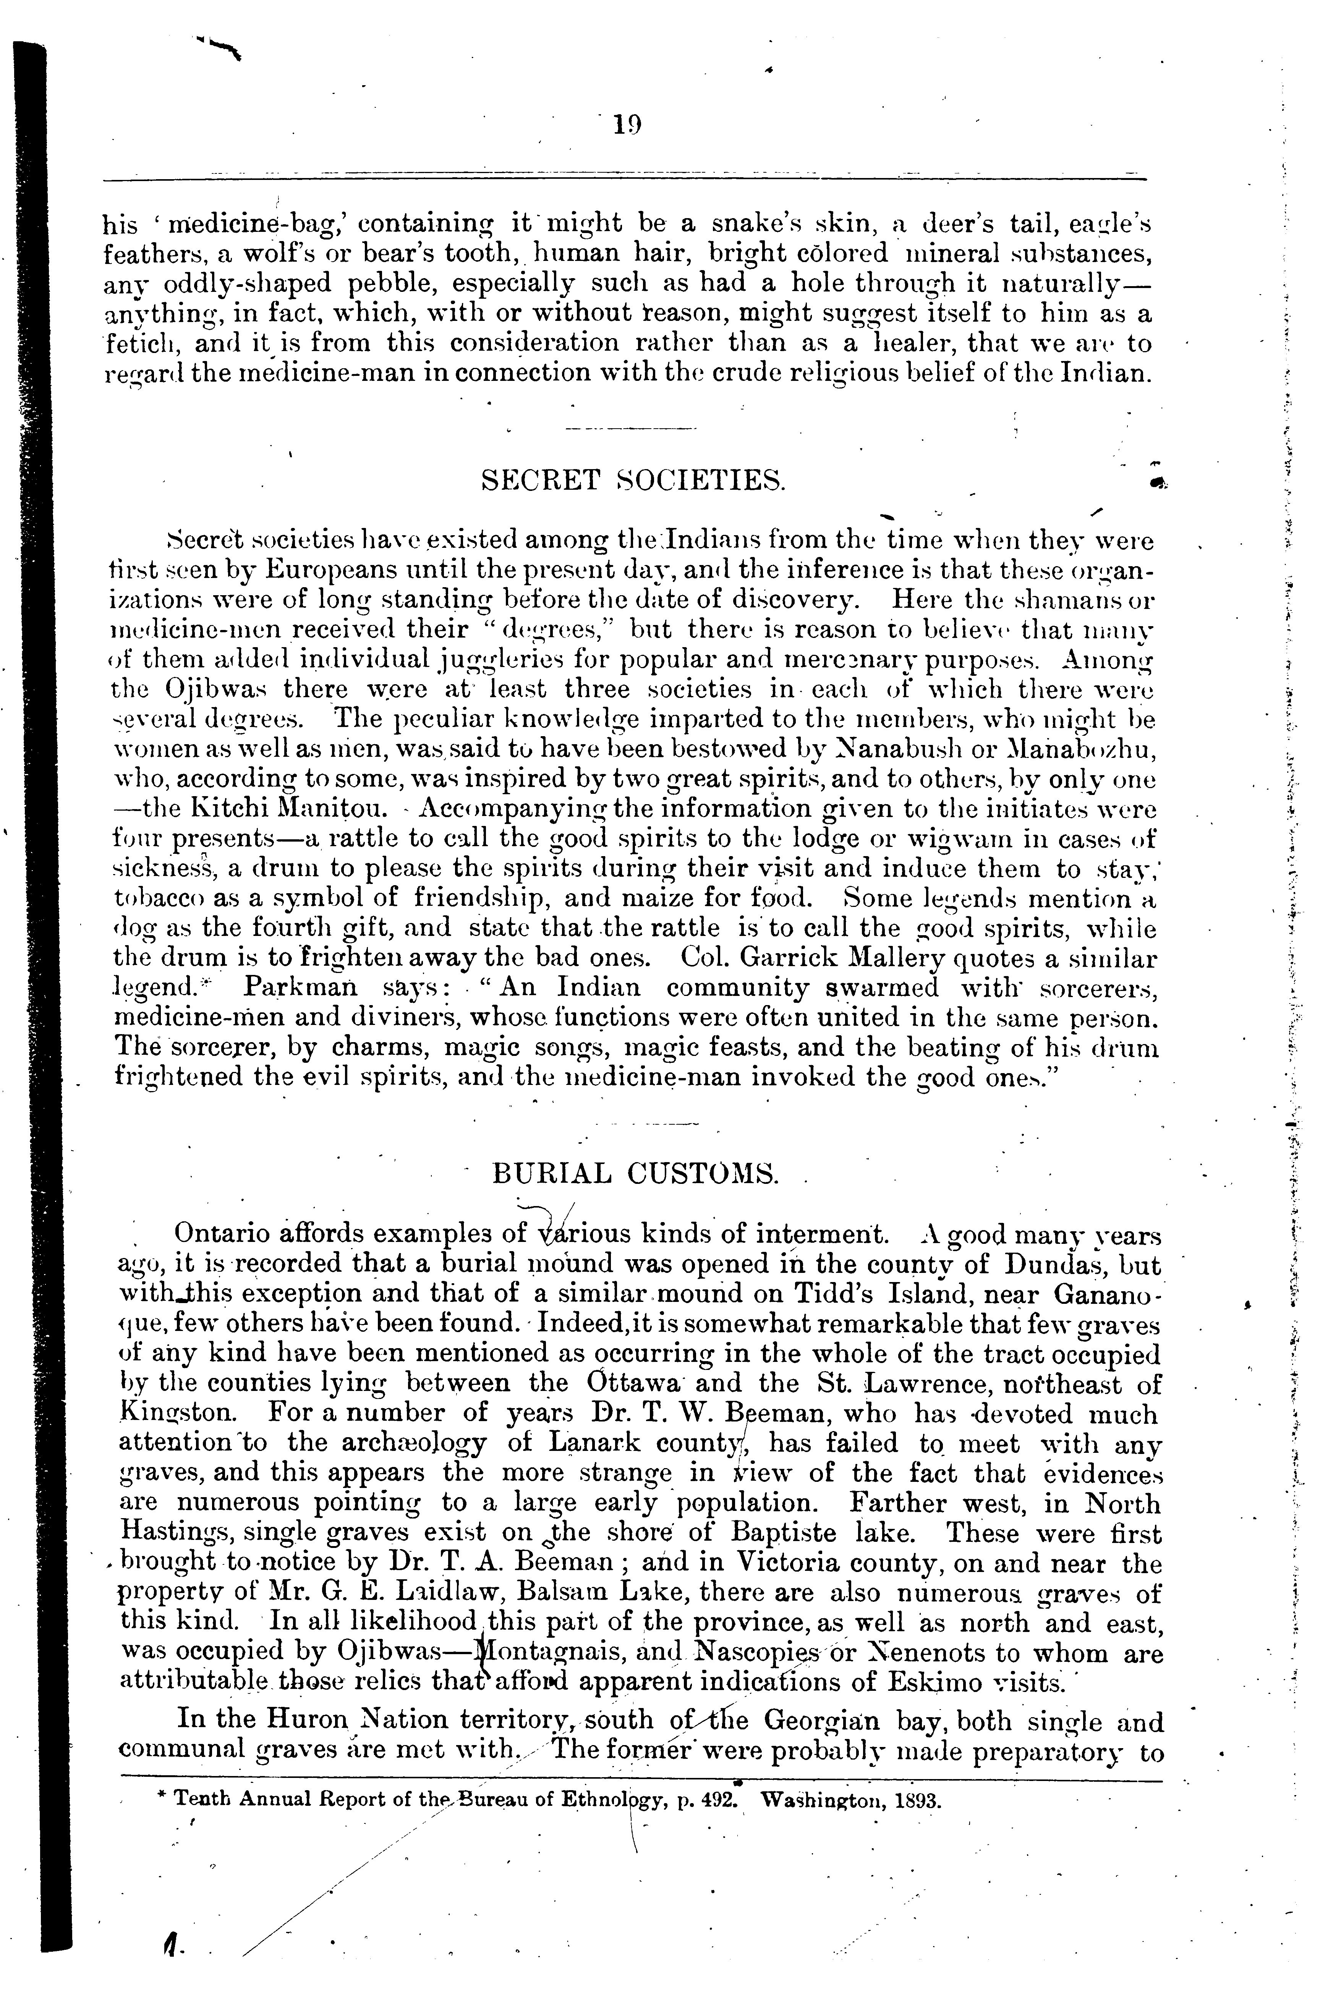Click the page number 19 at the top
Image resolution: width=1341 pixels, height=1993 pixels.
coord(627,126)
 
